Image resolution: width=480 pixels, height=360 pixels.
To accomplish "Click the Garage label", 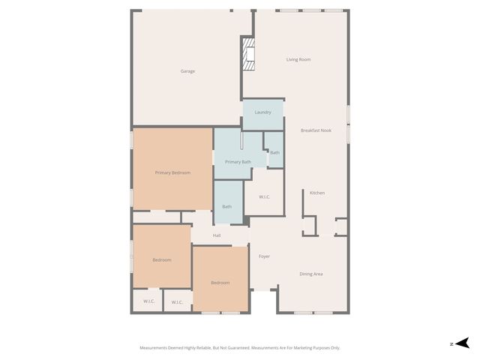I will coord(187,71).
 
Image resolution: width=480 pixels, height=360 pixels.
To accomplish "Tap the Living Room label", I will coord(298,59).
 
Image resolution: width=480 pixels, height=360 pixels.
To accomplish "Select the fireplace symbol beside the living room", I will coord(249,55).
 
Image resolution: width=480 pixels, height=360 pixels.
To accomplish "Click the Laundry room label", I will coord(262,112).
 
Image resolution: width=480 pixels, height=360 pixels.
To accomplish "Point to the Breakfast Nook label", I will coord(316,130).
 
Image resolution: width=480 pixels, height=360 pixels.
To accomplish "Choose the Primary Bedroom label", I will coord(172,172).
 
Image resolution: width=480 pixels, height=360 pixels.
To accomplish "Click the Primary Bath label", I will coord(238,162).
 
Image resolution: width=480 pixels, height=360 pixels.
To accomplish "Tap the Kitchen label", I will coord(317,193).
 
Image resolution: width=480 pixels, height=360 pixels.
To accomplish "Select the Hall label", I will coord(217,235).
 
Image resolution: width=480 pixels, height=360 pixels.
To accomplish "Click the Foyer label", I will coord(264,256).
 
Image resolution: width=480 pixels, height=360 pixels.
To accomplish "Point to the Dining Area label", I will coord(311,274).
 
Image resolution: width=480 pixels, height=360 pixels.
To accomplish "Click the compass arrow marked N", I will coord(463,343).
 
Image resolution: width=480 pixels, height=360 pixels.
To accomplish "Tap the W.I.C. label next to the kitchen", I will coord(264,196).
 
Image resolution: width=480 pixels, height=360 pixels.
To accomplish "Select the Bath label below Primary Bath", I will coord(226,206).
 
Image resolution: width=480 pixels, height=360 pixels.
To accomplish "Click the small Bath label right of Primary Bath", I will coord(274,153).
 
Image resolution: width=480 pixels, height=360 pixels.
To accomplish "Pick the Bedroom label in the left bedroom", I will coord(162,259).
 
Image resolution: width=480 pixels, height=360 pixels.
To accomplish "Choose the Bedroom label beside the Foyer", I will coord(220,283).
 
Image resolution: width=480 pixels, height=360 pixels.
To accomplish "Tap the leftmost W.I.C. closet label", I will coord(148,301).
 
